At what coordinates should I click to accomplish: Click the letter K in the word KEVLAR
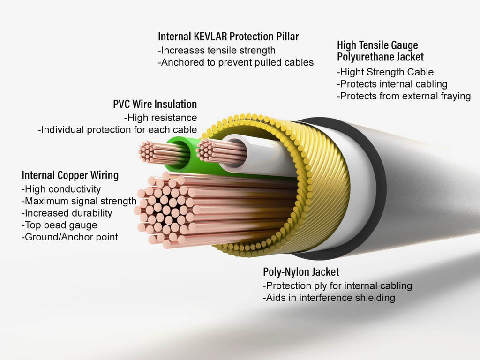196,37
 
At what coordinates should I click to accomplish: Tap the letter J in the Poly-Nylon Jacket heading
316,272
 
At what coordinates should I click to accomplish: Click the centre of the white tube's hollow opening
236,150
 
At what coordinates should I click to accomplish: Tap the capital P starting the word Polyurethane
340,57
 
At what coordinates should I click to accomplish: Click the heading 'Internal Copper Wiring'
70,175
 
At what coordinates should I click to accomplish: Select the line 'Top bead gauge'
60,225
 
